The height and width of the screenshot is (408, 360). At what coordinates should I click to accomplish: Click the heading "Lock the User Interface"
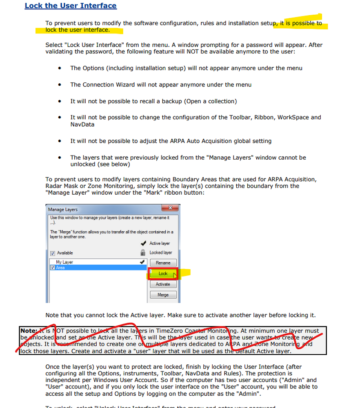pos(71,6)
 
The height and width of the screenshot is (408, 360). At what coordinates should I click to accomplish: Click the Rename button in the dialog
pos(163,263)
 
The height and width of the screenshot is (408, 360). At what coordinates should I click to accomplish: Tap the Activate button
pos(163,284)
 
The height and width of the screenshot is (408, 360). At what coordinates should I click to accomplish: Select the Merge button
pos(163,295)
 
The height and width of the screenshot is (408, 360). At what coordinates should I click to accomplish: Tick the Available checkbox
pos(52,253)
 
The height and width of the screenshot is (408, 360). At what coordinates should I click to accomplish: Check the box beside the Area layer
pos(52,268)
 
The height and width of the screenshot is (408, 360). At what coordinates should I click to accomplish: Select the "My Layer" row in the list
pos(64,262)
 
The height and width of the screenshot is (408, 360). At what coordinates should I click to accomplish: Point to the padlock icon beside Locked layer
pos(143,253)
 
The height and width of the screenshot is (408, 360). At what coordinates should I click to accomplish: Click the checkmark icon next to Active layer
pos(143,243)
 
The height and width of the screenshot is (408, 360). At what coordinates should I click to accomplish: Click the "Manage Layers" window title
pos(63,209)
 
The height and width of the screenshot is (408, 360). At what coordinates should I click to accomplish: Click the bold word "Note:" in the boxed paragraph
pos(29,331)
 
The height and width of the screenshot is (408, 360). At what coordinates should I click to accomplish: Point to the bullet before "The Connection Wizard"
pos(60,85)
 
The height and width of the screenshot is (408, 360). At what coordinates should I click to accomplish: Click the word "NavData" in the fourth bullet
pos(82,124)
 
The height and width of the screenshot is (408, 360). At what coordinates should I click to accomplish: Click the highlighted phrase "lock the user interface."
pos(78,30)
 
